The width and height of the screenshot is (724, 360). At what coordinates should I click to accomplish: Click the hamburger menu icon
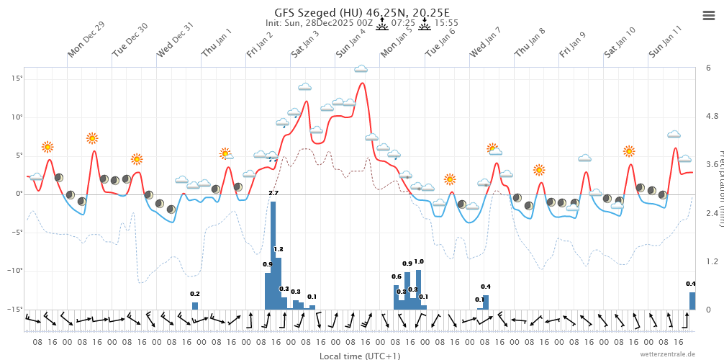click(x=708, y=15)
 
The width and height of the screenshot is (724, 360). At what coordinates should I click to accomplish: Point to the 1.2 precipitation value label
click(x=279, y=249)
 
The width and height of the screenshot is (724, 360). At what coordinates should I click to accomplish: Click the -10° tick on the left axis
click(x=17, y=271)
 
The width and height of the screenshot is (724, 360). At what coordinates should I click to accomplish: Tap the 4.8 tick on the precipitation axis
click(x=712, y=117)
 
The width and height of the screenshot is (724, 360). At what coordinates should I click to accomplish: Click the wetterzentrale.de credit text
click(x=668, y=354)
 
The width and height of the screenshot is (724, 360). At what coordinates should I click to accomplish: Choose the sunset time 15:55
click(x=447, y=23)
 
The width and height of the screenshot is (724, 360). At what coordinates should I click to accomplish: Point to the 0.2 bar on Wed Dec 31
click(x=195, y=305)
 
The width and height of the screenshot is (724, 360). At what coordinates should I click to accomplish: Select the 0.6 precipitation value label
click(x=396, y=277)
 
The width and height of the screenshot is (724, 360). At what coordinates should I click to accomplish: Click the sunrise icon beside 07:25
click(x=381, y=23)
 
